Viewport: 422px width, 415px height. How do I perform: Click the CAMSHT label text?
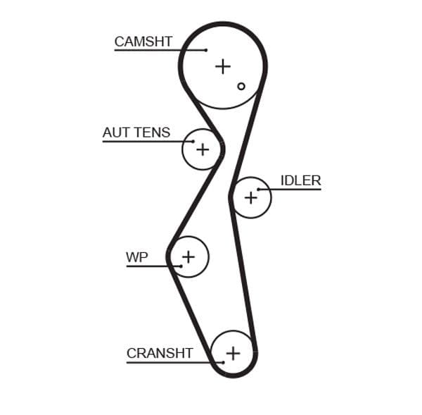pos(143,42)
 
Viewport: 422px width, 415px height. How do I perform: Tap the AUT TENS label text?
pos(136,132)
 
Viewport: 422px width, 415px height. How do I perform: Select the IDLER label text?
pos(300,180)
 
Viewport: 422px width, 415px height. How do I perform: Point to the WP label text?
pos(137,257)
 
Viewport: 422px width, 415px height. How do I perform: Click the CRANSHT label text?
pos(160,353)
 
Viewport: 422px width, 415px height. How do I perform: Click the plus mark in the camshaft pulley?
pos(223,66)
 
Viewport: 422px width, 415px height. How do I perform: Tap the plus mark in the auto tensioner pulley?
pos(203,149)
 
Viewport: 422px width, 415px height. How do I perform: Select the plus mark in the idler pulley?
pos(251,198)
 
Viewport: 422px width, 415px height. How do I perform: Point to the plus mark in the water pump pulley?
pos(188,256)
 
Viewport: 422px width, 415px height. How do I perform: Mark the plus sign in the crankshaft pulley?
pos(233,352)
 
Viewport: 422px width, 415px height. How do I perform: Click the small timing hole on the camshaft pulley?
pos(241,86)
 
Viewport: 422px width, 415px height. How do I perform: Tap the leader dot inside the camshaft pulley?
pos(206,50)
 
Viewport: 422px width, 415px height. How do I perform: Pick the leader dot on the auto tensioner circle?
pos(193,141)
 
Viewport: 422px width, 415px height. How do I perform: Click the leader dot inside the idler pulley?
pos(259,190)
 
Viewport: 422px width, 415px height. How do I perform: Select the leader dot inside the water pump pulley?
pos(181,266)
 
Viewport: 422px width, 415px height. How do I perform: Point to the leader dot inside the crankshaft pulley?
pos(223,362)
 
